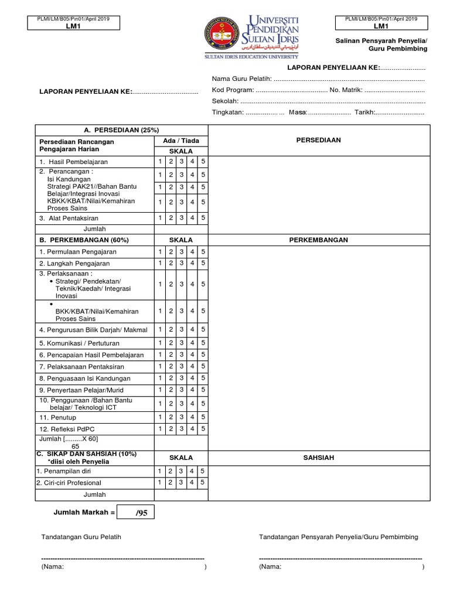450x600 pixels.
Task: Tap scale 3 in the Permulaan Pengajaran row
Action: pos(182,251)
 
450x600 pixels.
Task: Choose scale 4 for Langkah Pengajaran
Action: pos(193,264)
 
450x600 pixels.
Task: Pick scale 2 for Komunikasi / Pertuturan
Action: pos(171,343)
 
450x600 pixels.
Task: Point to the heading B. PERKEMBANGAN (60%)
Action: pos(84,240)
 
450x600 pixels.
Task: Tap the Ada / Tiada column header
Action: pos(180,141)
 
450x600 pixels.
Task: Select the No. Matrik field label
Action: pos(346,90)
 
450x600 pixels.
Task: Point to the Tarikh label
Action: pos(364,112)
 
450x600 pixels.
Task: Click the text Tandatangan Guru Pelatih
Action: pos(81,537)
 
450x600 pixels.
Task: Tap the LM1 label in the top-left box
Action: pos(73,26)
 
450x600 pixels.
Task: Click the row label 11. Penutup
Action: pos(56,417)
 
